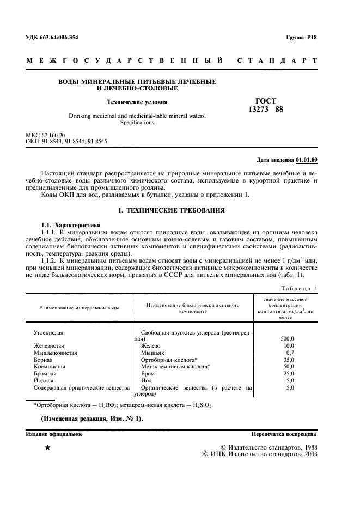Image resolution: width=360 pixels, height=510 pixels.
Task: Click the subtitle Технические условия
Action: point(137,101)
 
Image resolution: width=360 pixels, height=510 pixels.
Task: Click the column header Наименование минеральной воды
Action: point(79,308)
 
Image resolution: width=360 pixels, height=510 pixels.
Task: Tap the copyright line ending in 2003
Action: point(259,453)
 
